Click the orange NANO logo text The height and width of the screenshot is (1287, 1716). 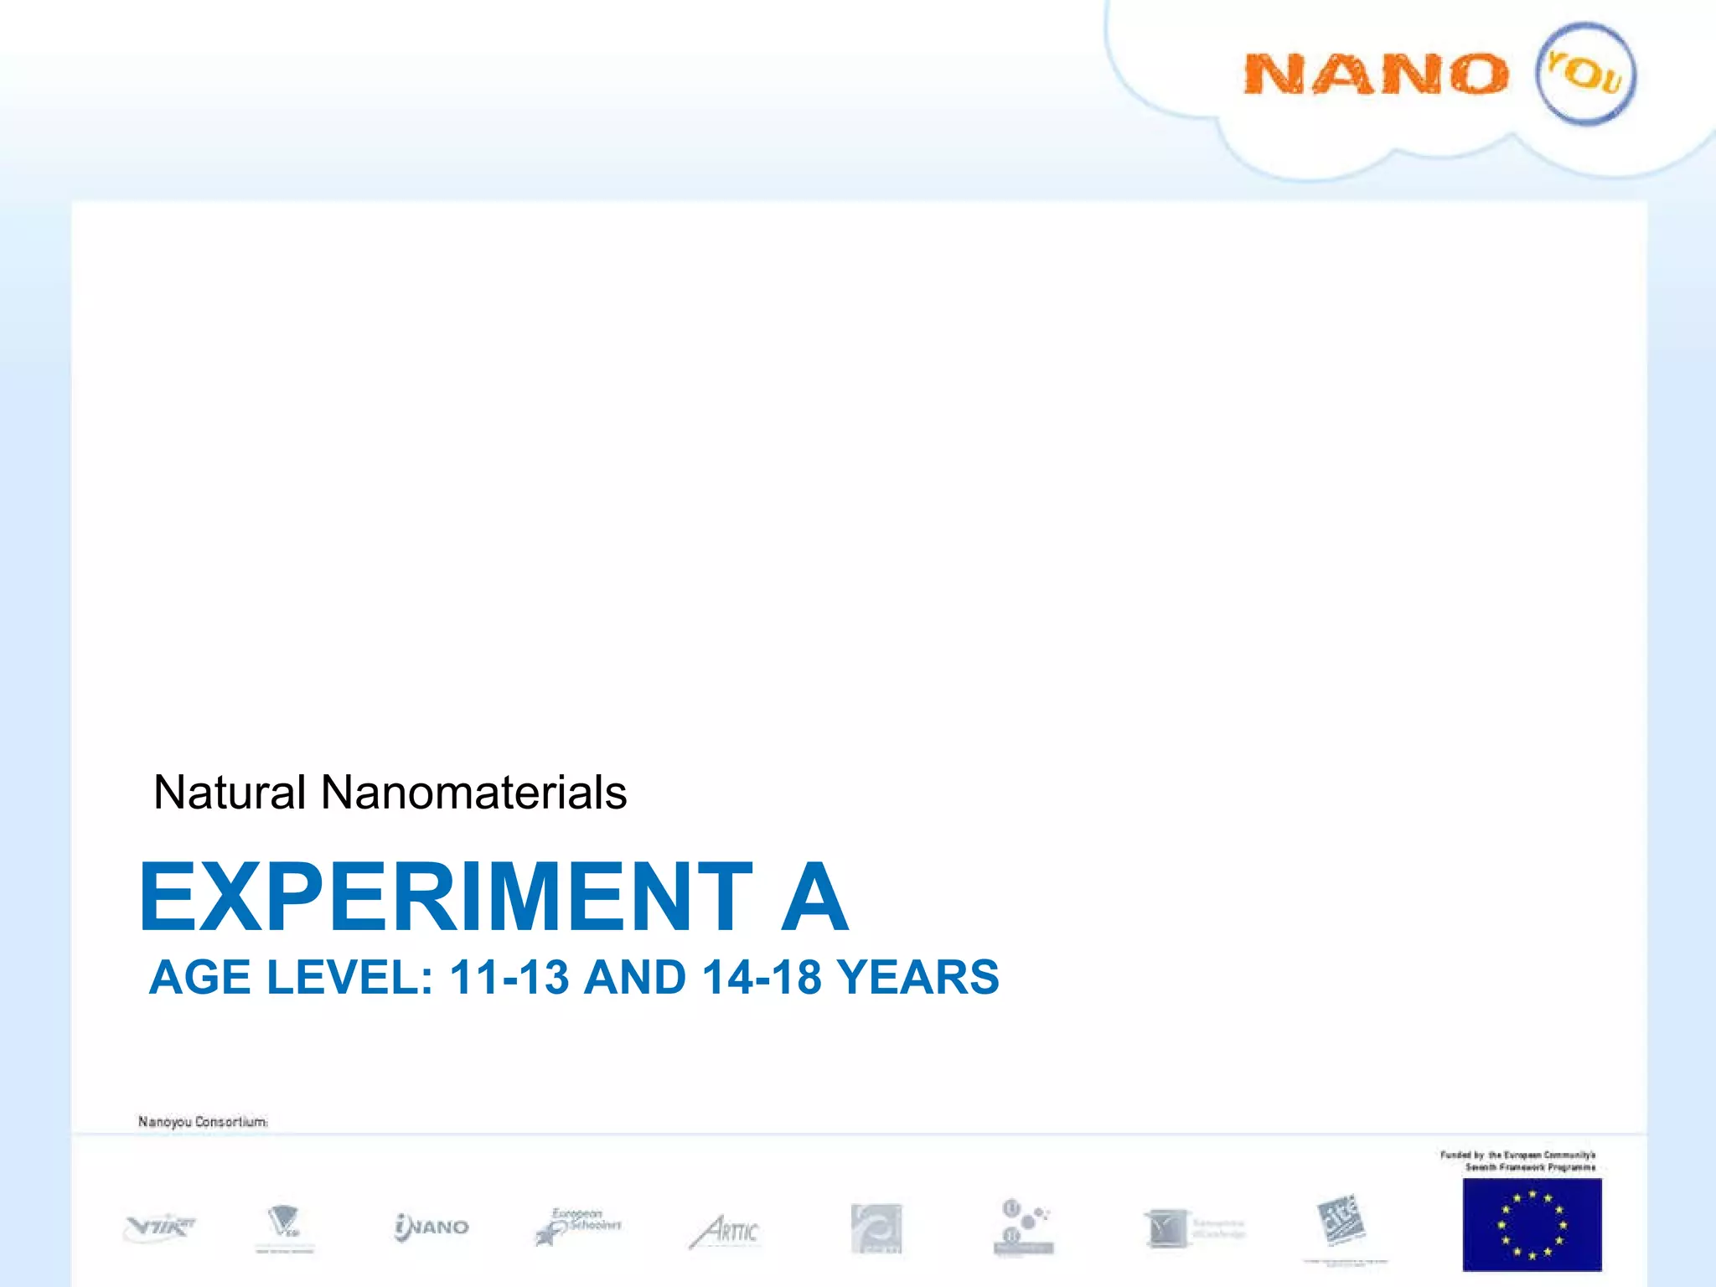(1375, 74)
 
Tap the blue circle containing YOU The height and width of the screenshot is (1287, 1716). (1585, 74)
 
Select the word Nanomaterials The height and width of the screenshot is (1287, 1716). (473, 792)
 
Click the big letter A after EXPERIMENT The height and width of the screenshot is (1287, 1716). (814, 897)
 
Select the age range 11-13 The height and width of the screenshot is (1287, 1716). (509, 977)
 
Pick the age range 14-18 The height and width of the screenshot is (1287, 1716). (762, 977)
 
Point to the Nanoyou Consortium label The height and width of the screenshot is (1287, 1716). (203, 1121)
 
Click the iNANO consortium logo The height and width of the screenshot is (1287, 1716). (432, 1227)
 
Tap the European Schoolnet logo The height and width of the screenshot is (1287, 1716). (578, 1226)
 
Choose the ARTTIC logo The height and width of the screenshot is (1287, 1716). (725, 1231)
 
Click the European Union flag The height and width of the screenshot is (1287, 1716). (1532, 1224)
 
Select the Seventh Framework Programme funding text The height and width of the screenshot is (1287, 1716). (1518, 1160)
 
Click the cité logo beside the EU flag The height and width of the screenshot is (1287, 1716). (1341, 1220)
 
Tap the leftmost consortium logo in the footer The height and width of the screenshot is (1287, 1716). (159, 1227)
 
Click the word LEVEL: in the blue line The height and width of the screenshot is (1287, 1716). (349, 977)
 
